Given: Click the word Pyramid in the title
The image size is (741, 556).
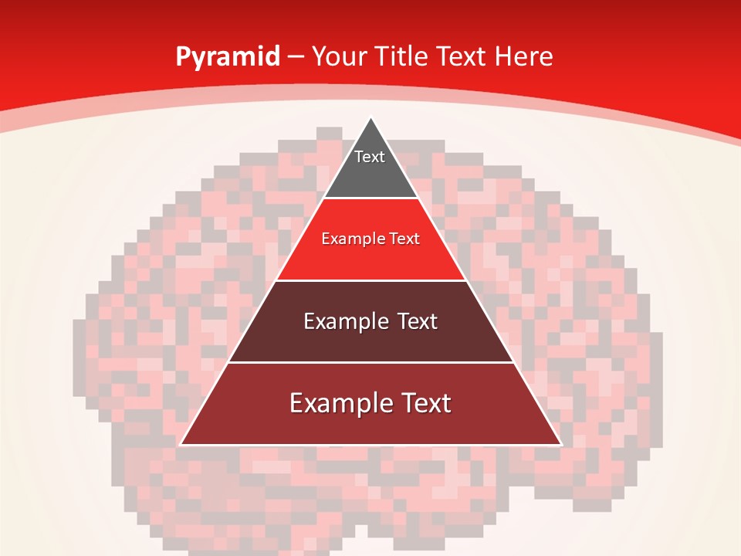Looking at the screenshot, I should (x=228, y=57).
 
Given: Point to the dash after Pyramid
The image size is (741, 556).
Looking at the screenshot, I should (x=296, y=57).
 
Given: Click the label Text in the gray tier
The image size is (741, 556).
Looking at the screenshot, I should (x=370, y=157).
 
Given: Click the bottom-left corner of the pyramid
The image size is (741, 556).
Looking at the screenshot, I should (x=181, y=444).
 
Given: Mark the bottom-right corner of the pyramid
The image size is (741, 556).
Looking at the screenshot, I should (x=560, y=444).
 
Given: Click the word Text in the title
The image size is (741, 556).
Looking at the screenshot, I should (x=463, y=57).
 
